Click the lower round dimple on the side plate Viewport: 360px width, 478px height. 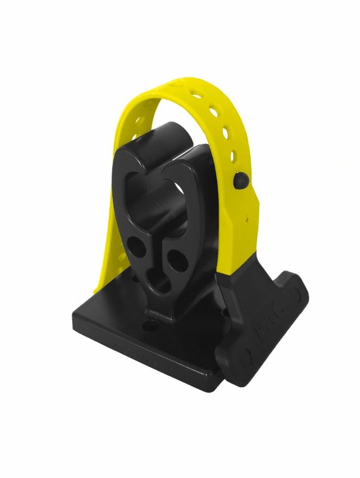tap(244, 357)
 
